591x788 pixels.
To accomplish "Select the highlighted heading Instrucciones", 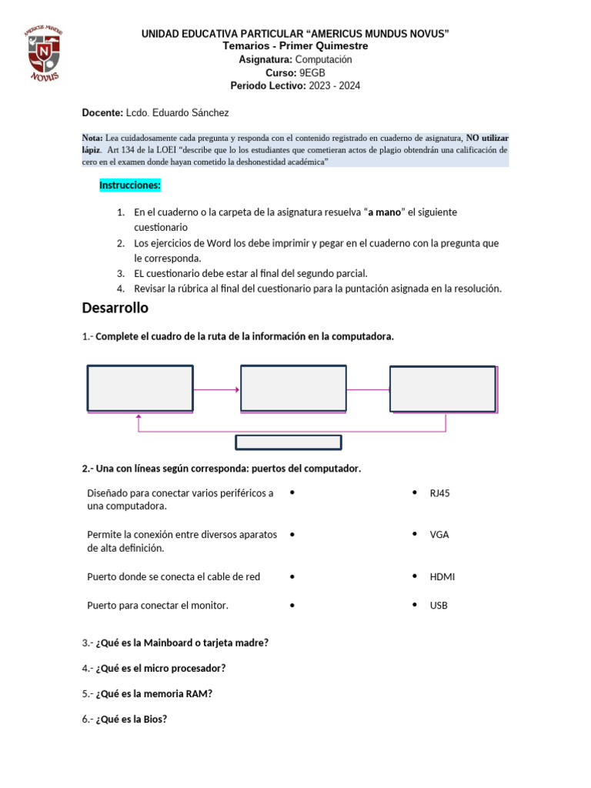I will pos(130,185).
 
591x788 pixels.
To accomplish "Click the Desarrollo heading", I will pos(115,309).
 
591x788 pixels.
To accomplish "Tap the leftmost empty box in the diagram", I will pos(140,389).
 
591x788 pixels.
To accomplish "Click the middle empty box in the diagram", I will pos(293,389).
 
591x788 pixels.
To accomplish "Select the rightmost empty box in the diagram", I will pos(442,389).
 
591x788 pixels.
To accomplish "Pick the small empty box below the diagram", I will pos(288,442).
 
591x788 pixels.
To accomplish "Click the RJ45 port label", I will pos(440,493).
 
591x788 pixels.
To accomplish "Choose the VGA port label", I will pos(439,534).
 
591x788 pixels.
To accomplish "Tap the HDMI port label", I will pos(442,576).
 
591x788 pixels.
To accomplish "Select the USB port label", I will pos(439,606).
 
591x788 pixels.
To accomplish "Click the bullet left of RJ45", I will pos(415,492).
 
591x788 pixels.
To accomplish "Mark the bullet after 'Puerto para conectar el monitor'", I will pos(293,606).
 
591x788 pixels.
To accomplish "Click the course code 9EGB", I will pos(312,72).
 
